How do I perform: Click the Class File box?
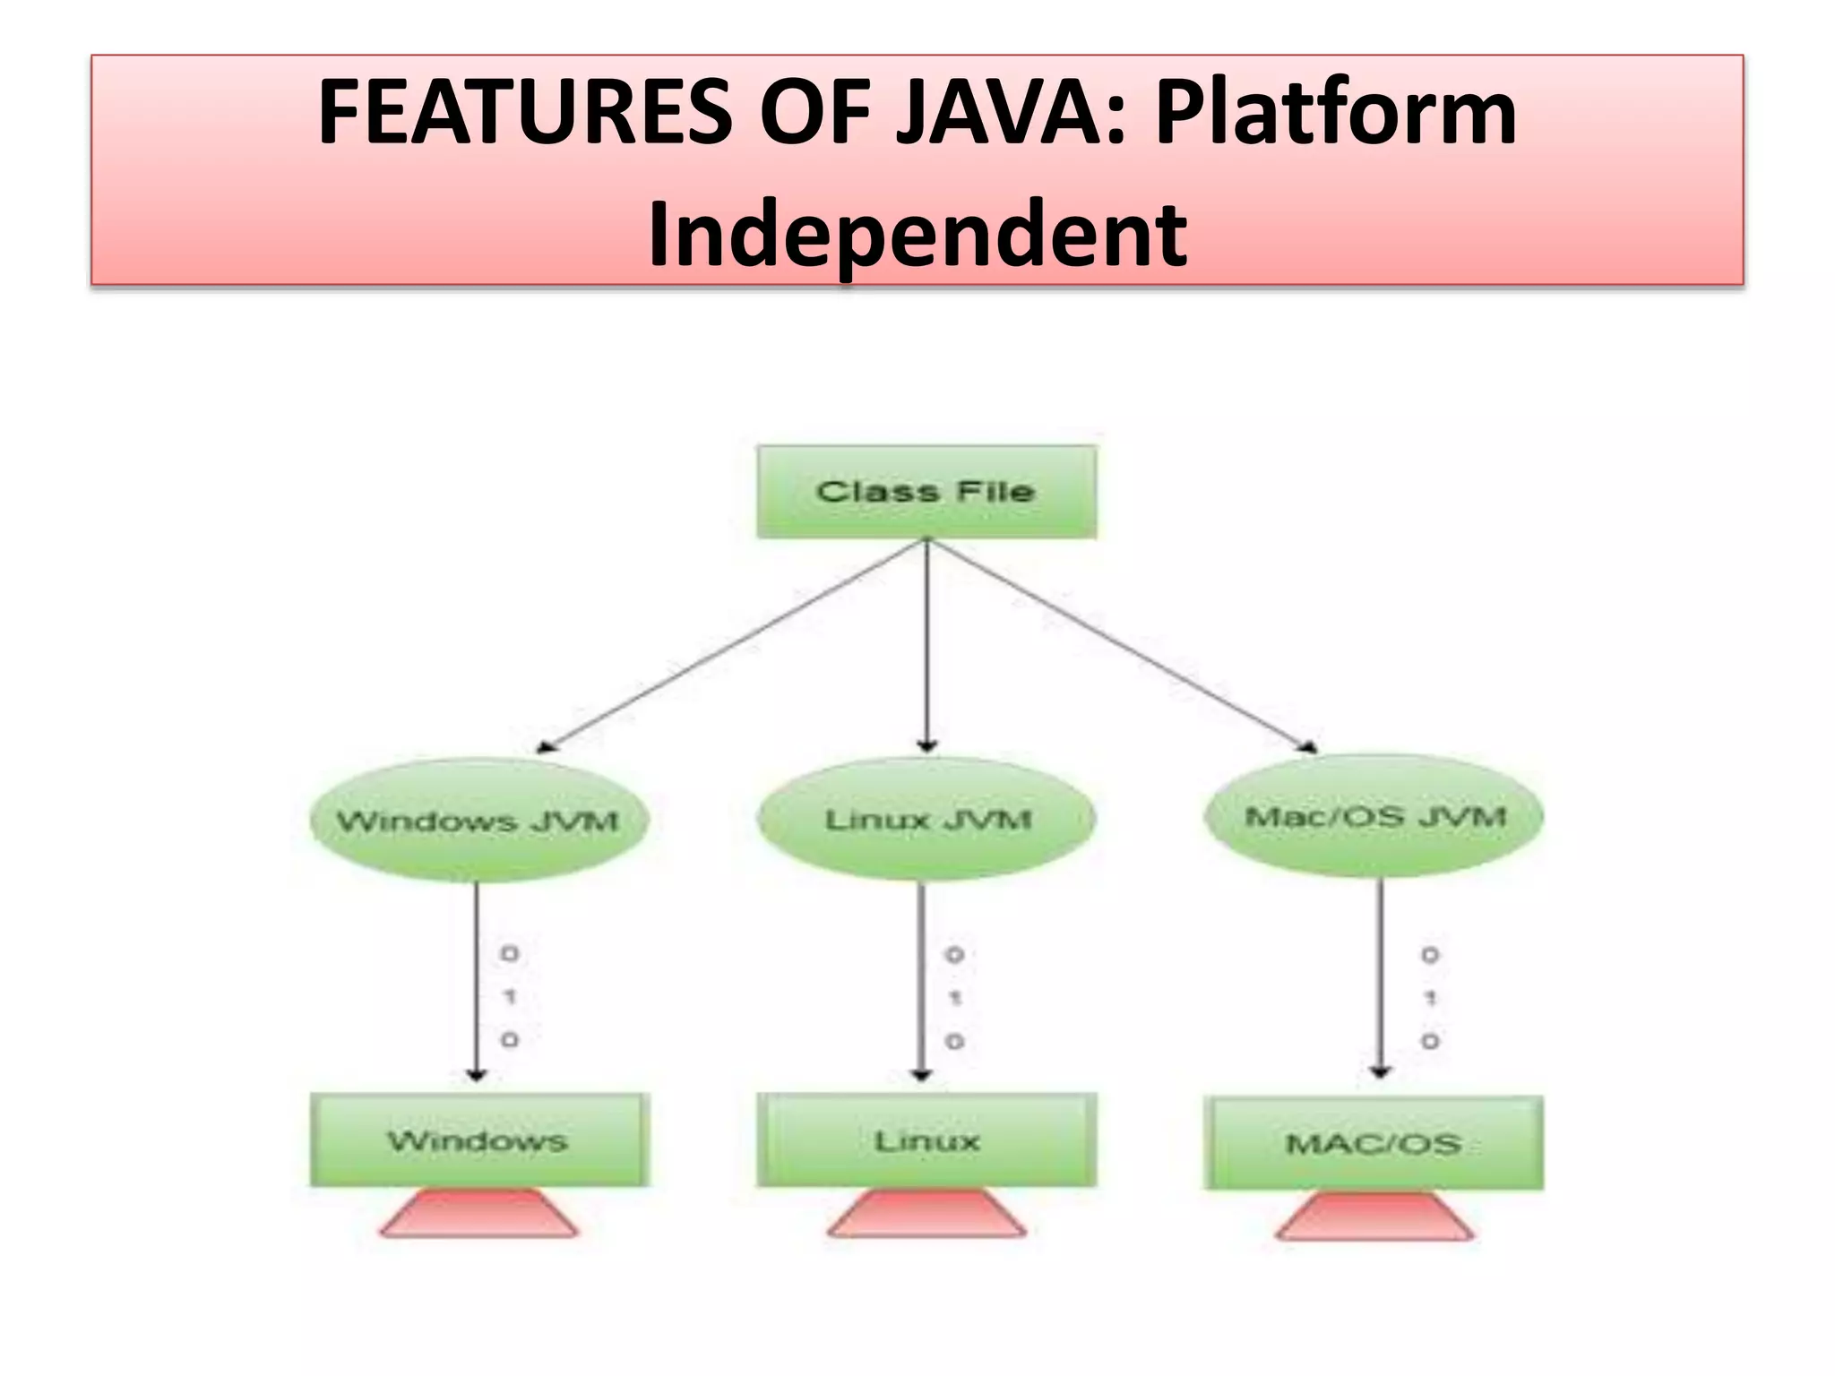coord(926,492)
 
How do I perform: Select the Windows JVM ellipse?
coord(478,821)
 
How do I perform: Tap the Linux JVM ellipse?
coord(926,819)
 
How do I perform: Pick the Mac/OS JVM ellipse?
coord(1374,816)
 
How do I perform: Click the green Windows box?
coord(478,1139)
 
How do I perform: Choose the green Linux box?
coord(926,1139)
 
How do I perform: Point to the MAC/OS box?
coord(1374,1143)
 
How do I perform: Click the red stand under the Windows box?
coord(478,1214)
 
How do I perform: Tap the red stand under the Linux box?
coord(926,1214)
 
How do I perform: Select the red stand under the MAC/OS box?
coord(1374,1217)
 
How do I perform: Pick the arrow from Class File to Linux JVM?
coord(927,645)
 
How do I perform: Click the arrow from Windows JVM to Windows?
coord(477,981)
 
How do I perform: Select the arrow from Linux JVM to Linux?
coord(922,981)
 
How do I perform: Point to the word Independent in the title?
coord(917,234)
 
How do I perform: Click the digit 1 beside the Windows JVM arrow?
coord(510,996)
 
